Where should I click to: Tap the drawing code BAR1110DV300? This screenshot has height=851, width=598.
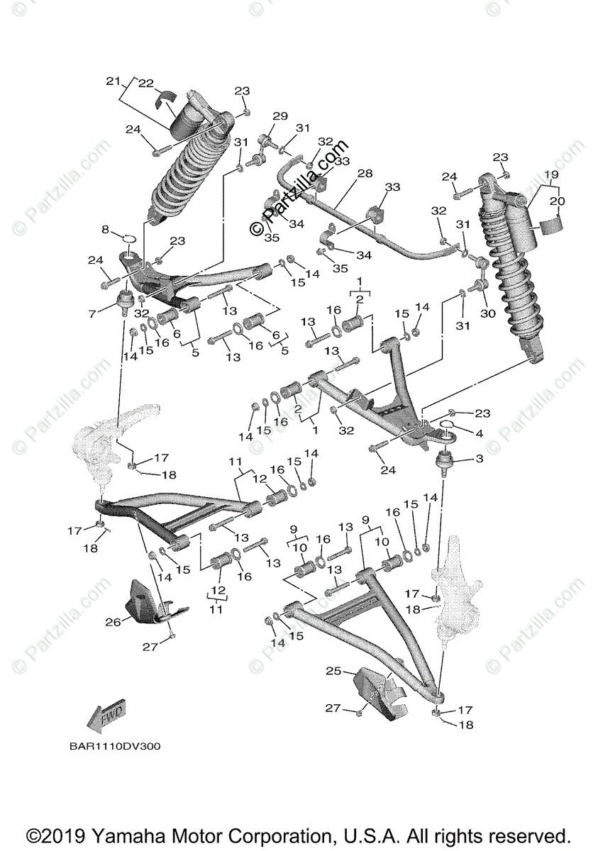[115, 746]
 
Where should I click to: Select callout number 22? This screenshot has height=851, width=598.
[145, 83]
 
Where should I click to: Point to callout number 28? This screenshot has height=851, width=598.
[365, 174]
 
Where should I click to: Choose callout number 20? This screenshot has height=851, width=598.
[557, 201]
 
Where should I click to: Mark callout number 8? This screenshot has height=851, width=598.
[106, 229]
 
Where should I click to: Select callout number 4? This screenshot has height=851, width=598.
[479, 433]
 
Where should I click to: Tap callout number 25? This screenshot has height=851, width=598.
[333, 670]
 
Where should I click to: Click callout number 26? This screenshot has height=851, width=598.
[112, 622]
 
